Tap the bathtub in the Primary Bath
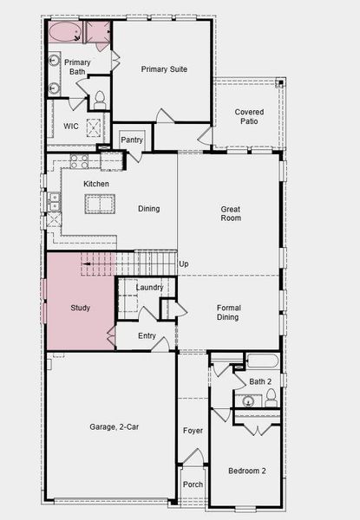[64, 33]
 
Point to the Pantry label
[132, 140]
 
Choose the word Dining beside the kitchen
[149, 208]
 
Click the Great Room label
[230, 213]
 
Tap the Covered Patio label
[249, 116]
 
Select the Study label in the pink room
[80, 308]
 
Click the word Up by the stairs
[183, 263]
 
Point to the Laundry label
[150, 288]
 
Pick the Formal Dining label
[230, 312]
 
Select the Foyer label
[192, 431]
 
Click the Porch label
[192, 484]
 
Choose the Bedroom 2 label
[246, 471]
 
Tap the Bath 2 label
[261, 381]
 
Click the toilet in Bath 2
[271, 398]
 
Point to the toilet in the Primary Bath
[99, 98]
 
